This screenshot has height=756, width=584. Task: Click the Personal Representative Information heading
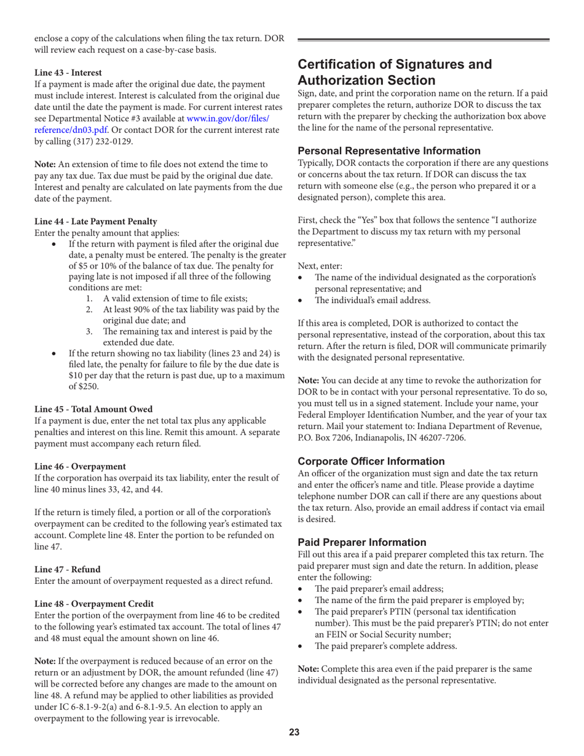click(x=388, y=151)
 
